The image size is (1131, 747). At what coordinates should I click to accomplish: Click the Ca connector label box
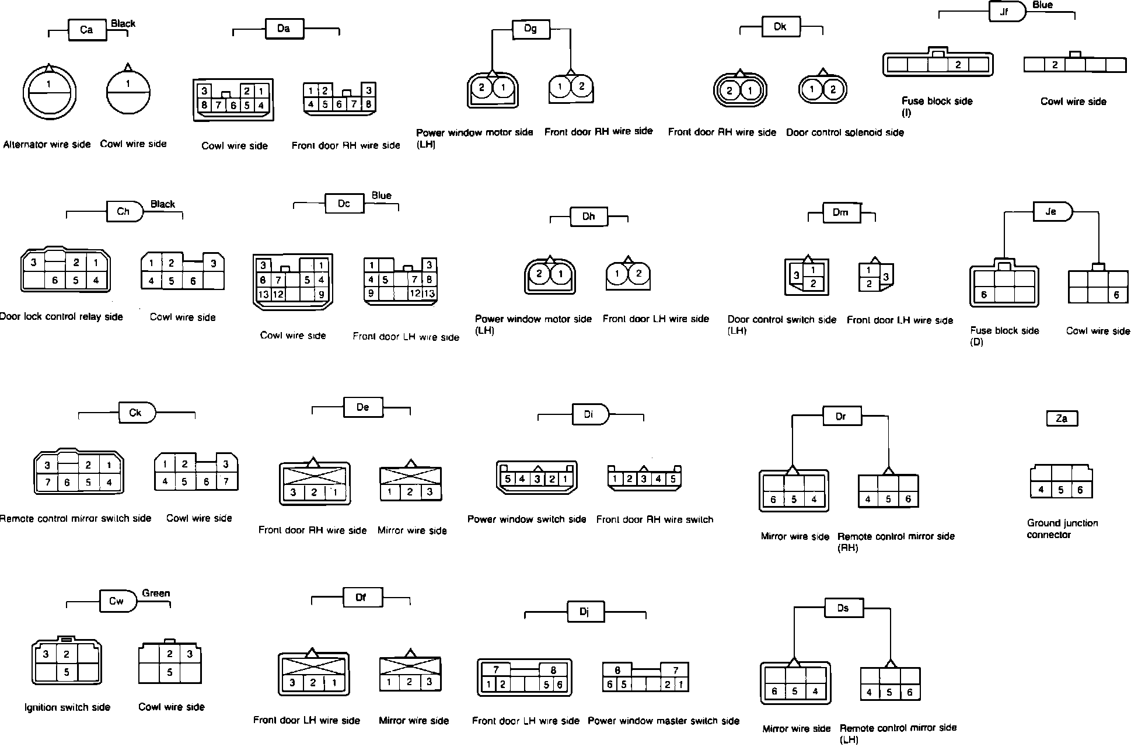tap(87, 30)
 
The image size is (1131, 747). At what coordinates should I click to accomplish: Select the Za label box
tap(1062, 418)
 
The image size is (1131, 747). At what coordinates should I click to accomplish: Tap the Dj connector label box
tap(585, 612)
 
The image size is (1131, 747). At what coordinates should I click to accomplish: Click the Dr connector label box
tap(840, 416)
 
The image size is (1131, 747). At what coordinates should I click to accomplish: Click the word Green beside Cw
tap(156, 593)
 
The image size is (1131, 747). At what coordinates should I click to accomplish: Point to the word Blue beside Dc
tap(381, 196)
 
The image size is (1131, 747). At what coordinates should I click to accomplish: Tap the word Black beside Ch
tap(163, 204)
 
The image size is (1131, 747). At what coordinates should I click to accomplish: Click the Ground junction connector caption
tap(1062, 529)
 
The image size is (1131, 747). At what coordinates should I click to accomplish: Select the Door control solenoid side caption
tap(844, 132)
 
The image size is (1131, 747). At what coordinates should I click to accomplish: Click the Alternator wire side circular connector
tap(49, 93)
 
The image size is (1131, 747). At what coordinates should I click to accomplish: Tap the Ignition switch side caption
tap(67, 707)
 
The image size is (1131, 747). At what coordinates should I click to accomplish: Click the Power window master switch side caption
tap(664, 721)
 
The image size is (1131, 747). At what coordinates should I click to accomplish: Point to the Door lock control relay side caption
tap(61, 317)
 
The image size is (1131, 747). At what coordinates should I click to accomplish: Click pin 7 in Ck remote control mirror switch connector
tap(47, 483)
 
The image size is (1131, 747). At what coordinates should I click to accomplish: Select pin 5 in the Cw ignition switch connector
tap(67, 672)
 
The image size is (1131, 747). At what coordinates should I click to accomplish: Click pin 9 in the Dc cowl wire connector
tap(321, 295)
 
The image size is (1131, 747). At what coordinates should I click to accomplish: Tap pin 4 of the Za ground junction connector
tap(1041, 490)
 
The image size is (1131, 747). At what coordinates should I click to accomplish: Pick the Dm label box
tap(840, 212)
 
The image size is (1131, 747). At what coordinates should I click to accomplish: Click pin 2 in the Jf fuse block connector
tap(958, 65)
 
